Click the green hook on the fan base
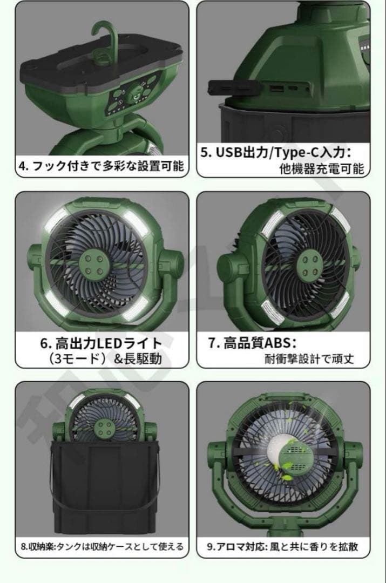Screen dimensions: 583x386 click(103, 38)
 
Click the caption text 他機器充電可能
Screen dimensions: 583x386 click(322, 169)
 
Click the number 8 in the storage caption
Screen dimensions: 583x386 click(23, 546)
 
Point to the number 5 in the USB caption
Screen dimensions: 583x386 click(205, 152)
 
